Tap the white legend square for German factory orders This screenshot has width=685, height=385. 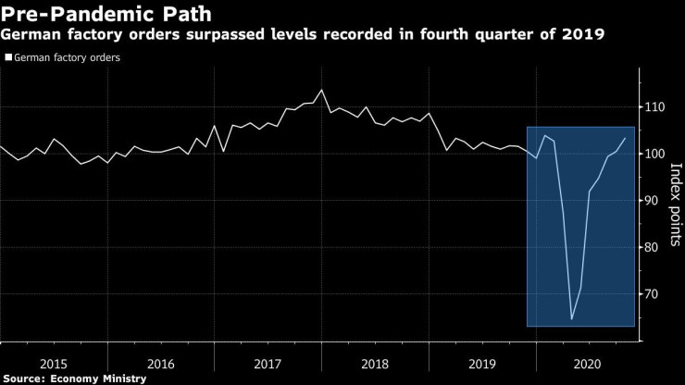point(8,57)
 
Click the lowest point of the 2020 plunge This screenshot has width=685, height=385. point(571,319)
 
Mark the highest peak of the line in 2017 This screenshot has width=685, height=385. point(320,90)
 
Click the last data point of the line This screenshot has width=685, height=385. point(626,138)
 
